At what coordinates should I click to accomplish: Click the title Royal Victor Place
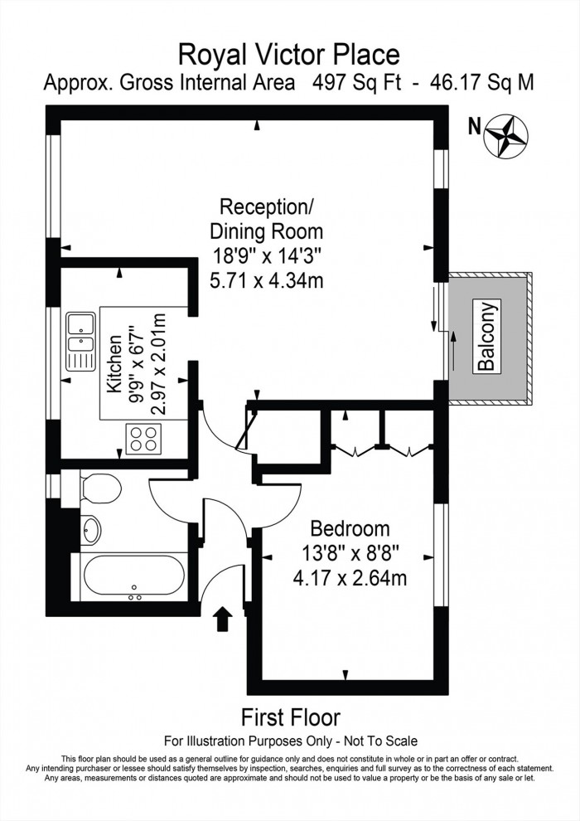click(290, 55)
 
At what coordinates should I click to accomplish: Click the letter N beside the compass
click(474, 127)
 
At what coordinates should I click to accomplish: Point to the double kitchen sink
click(81, 341)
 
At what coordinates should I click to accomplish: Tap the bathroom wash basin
click(92, 527)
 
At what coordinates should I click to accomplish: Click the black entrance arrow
click(223, 619)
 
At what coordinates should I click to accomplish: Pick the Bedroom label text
click(350, 529)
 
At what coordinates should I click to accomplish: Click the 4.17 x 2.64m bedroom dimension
click(350, 577)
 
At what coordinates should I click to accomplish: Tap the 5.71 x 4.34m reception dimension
click(265, 280)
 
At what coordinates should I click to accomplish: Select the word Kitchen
click(114, 362)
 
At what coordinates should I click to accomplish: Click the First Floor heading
click(290, 717)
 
